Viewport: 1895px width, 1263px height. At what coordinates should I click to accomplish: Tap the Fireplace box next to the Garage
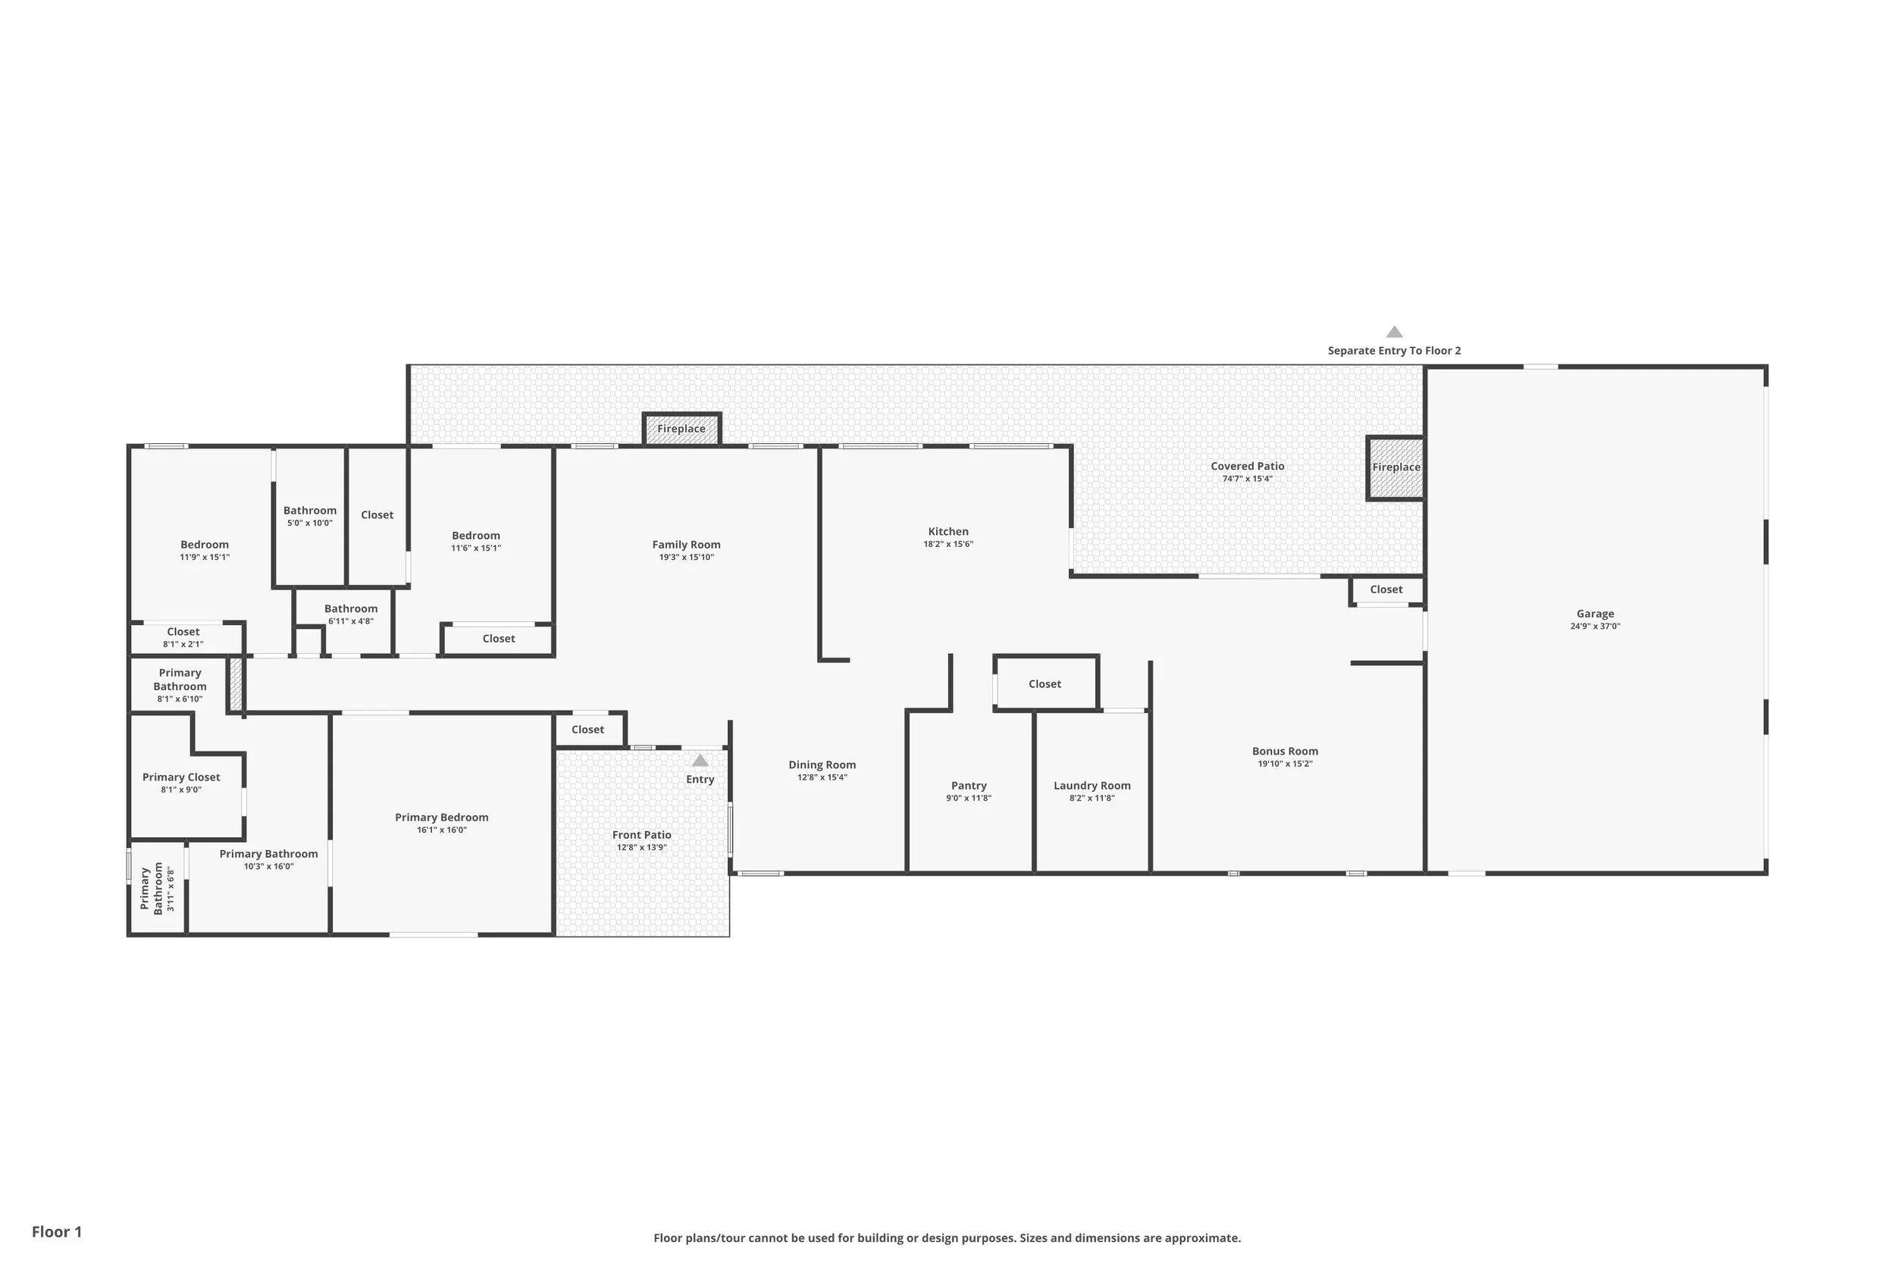point(1395,468)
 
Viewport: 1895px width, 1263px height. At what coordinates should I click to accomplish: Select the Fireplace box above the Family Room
point(681,430)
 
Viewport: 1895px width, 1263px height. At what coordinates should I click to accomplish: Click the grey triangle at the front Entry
point(700,761)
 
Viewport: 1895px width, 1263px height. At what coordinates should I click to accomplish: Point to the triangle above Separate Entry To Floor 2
point(1394,332)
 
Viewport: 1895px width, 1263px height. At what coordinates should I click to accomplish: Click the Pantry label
point(969,786)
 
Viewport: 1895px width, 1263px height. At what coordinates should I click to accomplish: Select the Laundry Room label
point(1092,786)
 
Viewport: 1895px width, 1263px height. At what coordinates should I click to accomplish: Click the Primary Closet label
point(181,777)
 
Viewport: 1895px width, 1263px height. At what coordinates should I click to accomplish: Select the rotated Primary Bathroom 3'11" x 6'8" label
point(158,889)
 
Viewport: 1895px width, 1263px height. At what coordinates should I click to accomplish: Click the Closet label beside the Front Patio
point(587,730)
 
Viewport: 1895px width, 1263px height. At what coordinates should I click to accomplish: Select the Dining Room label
point(822,765)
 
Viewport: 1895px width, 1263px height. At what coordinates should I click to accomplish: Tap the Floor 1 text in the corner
point(56,1232)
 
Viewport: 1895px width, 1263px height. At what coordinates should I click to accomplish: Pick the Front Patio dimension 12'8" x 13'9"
point(641,847)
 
